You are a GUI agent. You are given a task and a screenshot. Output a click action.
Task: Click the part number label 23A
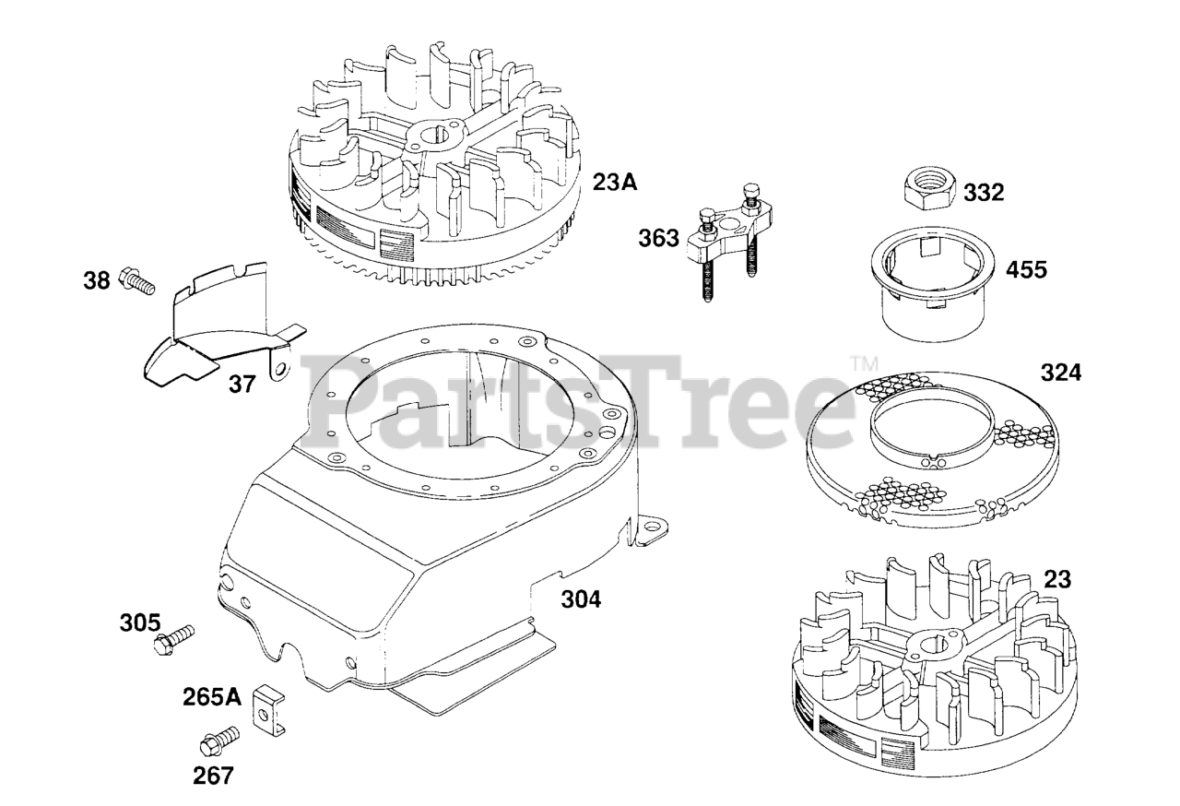pos(615,183)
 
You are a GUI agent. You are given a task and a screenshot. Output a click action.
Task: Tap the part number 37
pos(242,384)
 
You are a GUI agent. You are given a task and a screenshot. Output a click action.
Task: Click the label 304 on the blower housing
pos(581,599)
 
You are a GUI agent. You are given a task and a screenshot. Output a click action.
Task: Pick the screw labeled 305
pos(177,638)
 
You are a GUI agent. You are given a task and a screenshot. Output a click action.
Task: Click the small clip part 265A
pos(266,701)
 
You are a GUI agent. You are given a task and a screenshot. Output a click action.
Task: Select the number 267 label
pos(213,776)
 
